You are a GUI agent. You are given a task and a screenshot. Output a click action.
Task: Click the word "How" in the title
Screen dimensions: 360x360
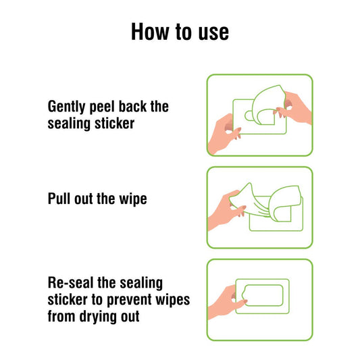coord(150,32)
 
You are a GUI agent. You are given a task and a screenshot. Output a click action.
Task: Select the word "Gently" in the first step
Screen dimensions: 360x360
coord(66,107)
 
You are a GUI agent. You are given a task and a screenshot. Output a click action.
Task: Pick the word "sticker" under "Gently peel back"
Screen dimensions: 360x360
coord(115,124)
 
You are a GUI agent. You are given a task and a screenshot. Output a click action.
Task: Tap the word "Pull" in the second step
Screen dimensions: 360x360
coord(59,199)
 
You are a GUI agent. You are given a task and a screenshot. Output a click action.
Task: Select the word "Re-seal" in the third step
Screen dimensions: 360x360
coord(71,282)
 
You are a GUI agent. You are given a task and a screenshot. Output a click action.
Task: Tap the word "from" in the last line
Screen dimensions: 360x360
coord(61,316)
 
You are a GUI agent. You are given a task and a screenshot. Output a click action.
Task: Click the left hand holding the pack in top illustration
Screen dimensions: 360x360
coord(223,135)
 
